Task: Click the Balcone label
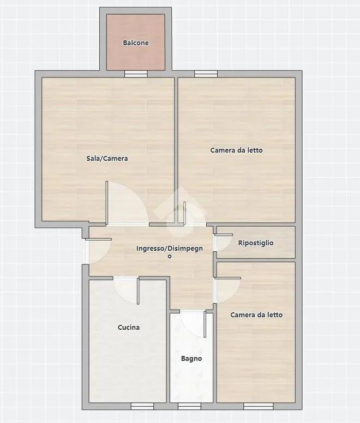[136, 43]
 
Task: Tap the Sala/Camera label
[107, 159]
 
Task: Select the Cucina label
[129, 327]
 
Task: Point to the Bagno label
[191, 359]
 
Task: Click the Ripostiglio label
[256, 243]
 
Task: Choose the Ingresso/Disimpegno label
[170, 252]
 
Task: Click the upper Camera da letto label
[236, 150]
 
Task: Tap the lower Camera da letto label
[256, 315]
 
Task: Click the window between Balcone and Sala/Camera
[136, 74]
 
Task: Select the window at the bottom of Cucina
[142, 406]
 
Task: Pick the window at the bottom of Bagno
[189, 406]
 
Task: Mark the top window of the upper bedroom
[206, 74]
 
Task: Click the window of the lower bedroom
[258, 406]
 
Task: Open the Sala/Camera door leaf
[107, 203]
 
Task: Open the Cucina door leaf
[138, 291]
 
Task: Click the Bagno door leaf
[205, 324]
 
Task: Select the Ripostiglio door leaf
[224, 235]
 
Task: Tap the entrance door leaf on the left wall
[98, 239]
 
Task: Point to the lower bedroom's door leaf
[228, 278]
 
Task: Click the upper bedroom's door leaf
[184, 213]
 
